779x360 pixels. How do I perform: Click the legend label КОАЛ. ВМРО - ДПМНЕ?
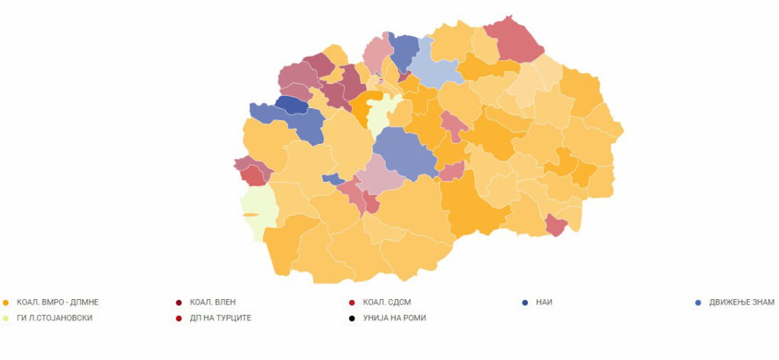click(x=58, y=302)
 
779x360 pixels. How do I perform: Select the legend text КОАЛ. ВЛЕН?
click(x=217, y=302)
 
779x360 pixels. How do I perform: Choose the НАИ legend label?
click(x=542, y=302)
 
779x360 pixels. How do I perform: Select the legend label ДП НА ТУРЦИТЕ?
click(x=220, y=317)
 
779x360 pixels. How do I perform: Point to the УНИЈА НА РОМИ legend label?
click(x=394, y=317)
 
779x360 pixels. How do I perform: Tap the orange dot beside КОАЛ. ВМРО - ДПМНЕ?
click(x=6, y=302)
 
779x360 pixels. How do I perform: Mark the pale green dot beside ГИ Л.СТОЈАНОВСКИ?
click(x=6, y=317)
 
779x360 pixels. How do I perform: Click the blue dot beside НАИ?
click(x=525, y=302)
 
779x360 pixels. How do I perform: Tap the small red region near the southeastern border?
click(x=556, y=225)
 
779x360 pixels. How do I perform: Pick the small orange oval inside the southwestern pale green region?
click(x=250, y=215)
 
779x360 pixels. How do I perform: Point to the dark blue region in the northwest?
click(x=291, y=105)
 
